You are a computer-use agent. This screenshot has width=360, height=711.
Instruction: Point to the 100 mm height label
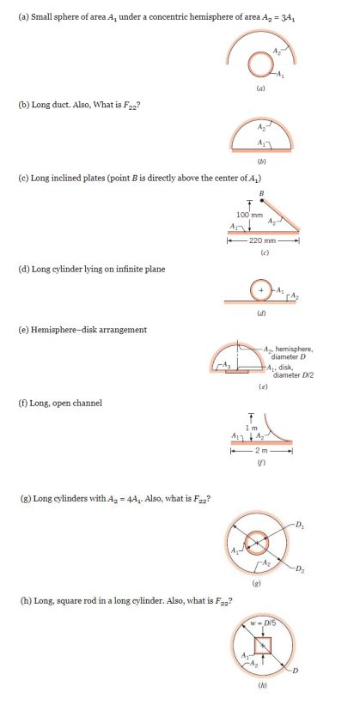(x=250, y=214)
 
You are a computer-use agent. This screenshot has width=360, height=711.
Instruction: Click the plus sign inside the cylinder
(x=260, y=292)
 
